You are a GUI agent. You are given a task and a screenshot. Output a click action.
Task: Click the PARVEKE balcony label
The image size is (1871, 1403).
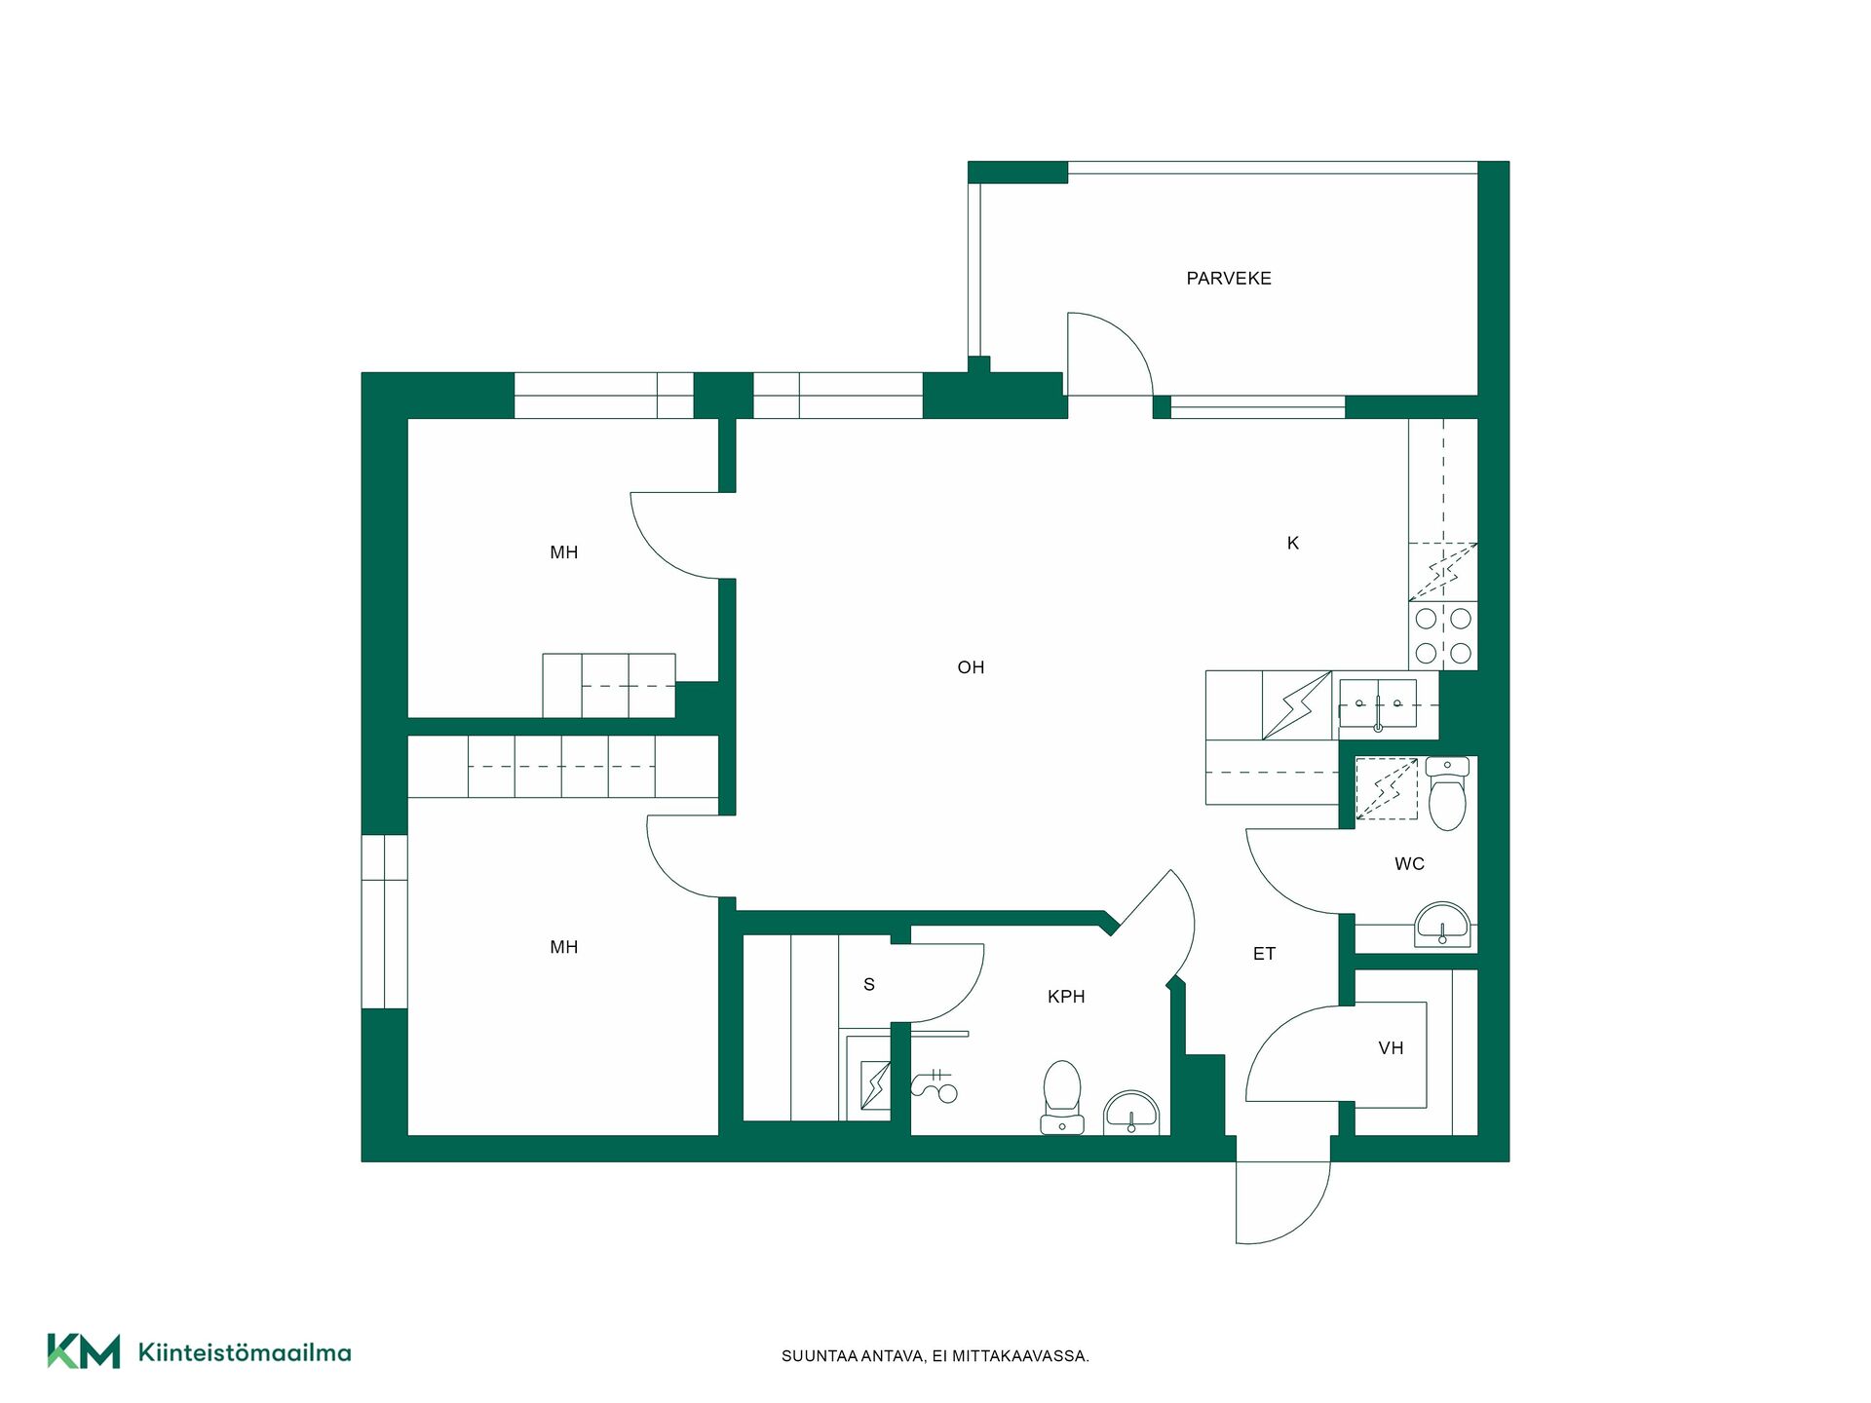[x=1228, y=279]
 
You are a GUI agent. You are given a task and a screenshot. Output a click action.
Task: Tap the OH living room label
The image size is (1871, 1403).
[x=971, y=667]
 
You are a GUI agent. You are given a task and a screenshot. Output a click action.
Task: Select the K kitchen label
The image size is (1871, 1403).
[x=1293, y=543]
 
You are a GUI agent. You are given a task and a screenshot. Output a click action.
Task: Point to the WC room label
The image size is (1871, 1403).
[x=1409, y=863]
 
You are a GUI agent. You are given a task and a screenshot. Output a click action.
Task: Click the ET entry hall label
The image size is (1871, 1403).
[x=1264, y=954]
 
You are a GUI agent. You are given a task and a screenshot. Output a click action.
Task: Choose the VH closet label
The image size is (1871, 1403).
[x=1391, y=1048]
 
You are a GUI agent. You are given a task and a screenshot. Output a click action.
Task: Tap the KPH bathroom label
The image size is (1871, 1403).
[x=1066, y=997]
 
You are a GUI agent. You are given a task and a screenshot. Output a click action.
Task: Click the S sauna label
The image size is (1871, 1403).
[x=869, y=985]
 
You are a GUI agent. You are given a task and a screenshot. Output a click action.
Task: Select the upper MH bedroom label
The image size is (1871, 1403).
[x=564, y=552]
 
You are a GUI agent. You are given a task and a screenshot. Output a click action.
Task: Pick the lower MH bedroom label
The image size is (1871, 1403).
[x=564, y=947]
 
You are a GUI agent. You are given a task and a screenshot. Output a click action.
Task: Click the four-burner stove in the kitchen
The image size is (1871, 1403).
[x=1443, y=635]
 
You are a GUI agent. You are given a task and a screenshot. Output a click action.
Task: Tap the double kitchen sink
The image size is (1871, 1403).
[x=1378, y=703]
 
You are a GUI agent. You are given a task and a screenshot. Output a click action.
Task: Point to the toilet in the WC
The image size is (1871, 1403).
[x=1447, y=793]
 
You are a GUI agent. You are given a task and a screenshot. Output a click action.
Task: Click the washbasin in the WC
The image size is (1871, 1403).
[x=1443, y=925]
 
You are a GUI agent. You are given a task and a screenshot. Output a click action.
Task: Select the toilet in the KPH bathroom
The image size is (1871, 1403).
[x=1062, y=1097]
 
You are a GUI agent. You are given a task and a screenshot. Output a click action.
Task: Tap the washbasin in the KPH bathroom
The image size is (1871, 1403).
[x=1131, y=1113]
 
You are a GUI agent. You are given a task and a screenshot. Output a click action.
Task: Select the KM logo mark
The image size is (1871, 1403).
[x=84, y=1351]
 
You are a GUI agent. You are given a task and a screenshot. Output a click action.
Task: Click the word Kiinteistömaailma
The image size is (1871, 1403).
[x=245, y=1352]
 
